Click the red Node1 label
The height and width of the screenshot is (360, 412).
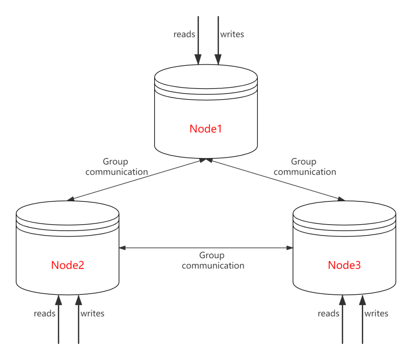[206, 129]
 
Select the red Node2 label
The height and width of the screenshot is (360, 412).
[68, 265]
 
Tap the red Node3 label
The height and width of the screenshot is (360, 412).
[344, 265]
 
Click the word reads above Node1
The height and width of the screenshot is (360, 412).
[185, 34]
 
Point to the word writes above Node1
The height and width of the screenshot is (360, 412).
[232, 34]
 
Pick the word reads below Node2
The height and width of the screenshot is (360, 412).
[45, 313]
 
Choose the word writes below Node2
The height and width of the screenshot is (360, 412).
[92, 313]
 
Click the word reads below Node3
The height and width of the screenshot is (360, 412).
[329, 313]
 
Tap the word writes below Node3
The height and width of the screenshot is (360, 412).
[377, 313]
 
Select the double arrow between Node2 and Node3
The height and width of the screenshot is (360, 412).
[206, 248]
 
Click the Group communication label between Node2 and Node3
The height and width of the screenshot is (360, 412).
[213, 260]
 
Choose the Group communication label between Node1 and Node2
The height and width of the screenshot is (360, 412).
[116, 167]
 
